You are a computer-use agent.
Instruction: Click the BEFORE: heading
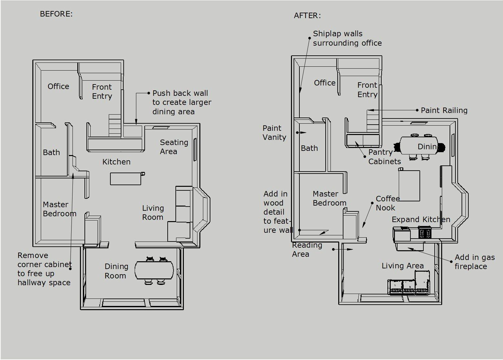(56, 14)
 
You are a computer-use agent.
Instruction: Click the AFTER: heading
(307, 16)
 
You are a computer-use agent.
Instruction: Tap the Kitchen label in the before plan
(116, 162)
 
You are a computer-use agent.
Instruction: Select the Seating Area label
(174, 147)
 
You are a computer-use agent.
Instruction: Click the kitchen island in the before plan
(126, 179)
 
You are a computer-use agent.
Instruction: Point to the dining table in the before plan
(154, 270)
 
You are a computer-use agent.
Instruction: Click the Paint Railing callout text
(444, 110)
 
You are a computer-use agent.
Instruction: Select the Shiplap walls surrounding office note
(347, 38)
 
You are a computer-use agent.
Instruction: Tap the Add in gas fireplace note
(475, 262)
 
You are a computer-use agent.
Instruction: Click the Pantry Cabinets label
(385, 157)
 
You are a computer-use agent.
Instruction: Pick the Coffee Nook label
(387, 203)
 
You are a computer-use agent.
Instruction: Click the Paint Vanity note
(274, 132)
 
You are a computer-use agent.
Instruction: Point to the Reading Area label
(307, 250)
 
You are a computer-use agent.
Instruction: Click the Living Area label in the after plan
(403, 266)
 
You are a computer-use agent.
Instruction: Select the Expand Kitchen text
(421, 219)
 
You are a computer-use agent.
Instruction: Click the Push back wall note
(182, 102)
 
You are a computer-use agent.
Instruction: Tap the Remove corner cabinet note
(44, 269)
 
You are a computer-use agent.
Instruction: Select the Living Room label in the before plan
(153, 212)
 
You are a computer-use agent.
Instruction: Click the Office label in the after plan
(324, 83)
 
